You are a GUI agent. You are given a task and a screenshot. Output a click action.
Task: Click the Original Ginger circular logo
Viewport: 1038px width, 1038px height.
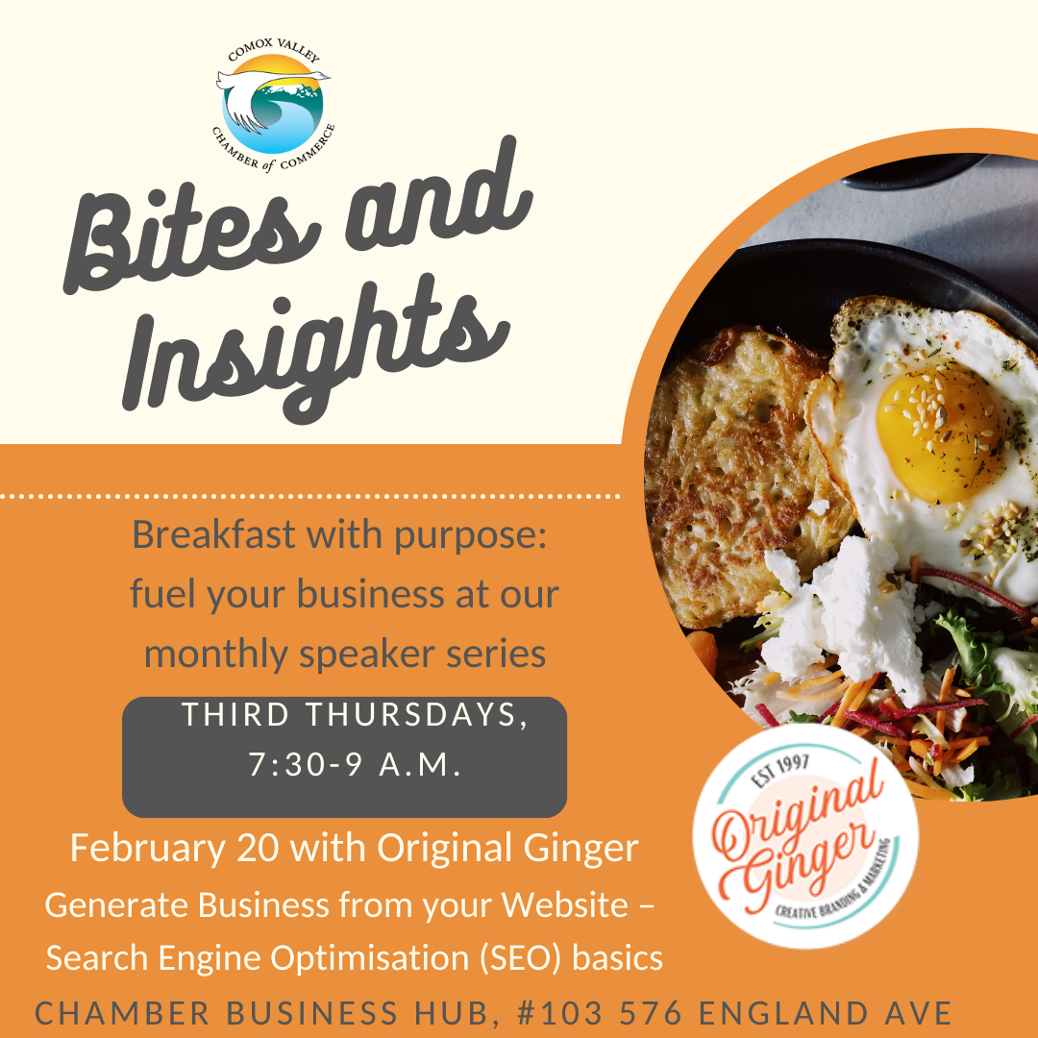(805, 836)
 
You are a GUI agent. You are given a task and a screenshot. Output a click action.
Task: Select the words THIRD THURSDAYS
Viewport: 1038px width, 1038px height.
(355, 716)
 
